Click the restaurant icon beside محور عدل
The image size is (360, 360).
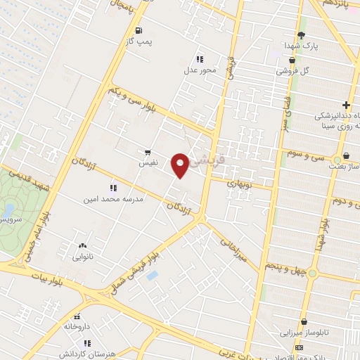pos(200,59)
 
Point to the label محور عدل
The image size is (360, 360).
pos(198,70)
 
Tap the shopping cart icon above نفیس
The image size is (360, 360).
pos(147,151)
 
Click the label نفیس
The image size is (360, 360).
pos(147,162)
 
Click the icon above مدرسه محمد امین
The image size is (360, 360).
pos(112,188)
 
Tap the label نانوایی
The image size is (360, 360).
pos(83,257)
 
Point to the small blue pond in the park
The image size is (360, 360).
pos(8,210)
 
